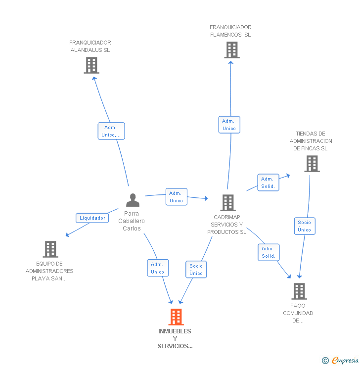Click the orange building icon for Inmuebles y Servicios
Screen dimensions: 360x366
176,317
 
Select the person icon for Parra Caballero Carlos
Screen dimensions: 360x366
133,200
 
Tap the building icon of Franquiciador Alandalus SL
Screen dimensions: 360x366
91,65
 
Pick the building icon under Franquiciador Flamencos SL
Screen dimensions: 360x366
232,50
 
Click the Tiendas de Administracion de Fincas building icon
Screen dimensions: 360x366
312,164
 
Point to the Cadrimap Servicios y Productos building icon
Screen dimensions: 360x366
228,203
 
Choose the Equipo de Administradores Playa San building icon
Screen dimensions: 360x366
50,249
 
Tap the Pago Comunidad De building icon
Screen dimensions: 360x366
299,291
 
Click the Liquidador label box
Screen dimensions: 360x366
92,218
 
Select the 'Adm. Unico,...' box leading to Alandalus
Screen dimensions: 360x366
111,131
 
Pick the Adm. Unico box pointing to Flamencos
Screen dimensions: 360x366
229,125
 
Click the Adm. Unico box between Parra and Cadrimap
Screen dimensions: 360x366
177,197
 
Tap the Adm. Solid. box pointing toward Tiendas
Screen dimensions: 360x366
268,183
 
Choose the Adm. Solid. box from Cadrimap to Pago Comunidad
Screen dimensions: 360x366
269,252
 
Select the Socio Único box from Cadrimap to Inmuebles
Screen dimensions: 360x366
196,270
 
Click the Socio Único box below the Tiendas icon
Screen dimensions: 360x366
305,226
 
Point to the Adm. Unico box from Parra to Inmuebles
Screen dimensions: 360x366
158,268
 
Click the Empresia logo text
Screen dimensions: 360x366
345,360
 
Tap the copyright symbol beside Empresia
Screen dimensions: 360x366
325,361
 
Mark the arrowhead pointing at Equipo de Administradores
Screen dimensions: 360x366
67,235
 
